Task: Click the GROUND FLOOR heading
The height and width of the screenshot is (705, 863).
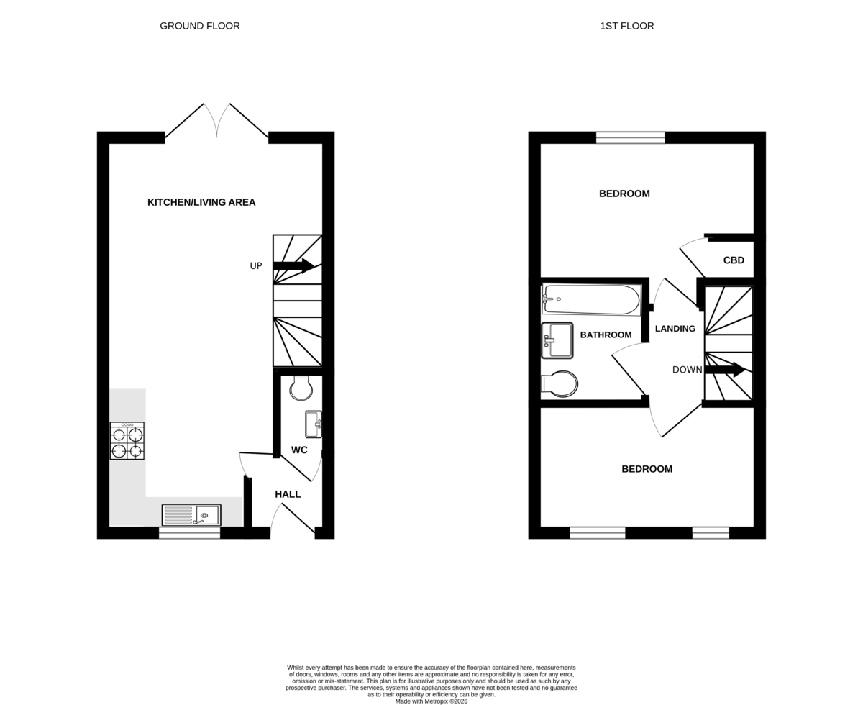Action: (200, 26)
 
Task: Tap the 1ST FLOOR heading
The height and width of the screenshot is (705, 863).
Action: (626, 26)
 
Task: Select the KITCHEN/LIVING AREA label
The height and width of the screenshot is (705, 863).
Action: (201, 202)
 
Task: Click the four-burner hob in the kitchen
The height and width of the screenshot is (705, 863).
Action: (127, 440)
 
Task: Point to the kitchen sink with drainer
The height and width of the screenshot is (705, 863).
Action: (191, 515)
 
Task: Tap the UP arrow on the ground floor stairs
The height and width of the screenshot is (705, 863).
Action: (293, 265)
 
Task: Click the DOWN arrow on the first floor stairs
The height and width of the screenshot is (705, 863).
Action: (725, 369)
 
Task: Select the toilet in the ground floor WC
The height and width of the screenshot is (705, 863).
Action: (301, 388)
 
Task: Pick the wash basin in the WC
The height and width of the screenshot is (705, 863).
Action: (314, 424)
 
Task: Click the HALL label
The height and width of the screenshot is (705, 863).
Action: (288, 494)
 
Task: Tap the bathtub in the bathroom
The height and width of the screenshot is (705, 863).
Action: (591, 300)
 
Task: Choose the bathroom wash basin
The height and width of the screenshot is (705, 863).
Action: (557, 340)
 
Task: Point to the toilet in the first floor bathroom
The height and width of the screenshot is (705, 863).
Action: (559, 384)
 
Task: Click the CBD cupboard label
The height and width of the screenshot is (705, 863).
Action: (734, 260)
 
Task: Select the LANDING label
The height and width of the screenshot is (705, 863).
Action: (675, 329)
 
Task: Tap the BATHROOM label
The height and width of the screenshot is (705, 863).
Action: (606, 335)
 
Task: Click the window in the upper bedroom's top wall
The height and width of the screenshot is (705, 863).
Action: (630, 137)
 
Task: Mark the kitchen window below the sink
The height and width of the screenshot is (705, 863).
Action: (189, 532)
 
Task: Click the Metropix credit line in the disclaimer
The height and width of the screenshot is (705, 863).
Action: (431, 701)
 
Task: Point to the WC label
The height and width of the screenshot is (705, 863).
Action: (299, 450)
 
